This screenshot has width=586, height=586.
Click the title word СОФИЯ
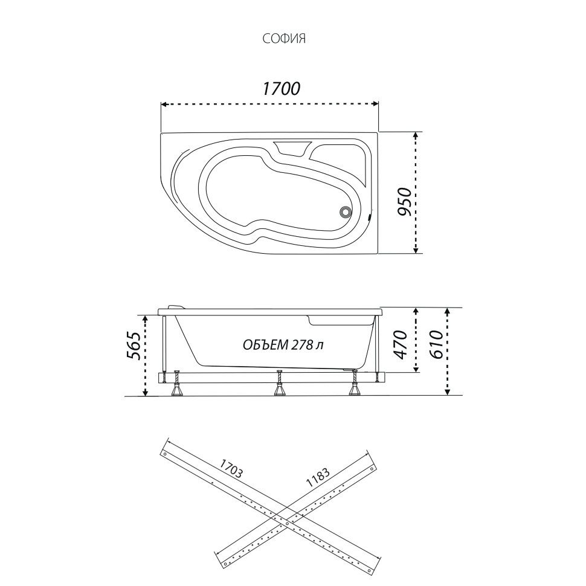284,39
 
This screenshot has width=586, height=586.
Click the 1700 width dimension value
281,89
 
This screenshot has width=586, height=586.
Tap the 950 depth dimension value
404,202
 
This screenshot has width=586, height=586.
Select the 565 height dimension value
134,346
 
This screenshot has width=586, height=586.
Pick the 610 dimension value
436,344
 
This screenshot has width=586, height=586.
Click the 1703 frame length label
231,469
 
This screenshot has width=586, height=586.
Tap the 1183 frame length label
318,478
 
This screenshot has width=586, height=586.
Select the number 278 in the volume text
302,344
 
